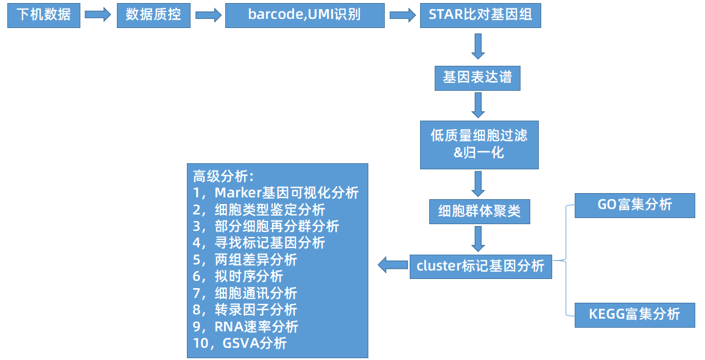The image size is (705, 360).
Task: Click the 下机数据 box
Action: pos(44,15)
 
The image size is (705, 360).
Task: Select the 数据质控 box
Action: pos(153,15)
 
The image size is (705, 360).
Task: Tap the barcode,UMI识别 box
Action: pos(305,15)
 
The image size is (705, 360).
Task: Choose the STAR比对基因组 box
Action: pos(480,15)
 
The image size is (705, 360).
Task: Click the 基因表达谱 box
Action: pos(477,78)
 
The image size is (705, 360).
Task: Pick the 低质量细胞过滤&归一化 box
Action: pos(479,144)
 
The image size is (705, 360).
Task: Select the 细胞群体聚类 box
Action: pos(479,211)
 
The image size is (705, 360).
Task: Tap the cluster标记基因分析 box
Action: pos(480,266)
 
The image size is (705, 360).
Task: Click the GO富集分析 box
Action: pos(635,205)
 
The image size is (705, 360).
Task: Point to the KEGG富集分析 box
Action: pos(635,314)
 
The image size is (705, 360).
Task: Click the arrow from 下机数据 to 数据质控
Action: pos(97,15)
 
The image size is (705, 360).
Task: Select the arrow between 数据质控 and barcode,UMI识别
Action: pos(208,15)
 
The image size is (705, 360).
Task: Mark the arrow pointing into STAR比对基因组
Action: pos(402,15)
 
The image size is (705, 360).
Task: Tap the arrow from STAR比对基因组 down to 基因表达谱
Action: pos(478,46)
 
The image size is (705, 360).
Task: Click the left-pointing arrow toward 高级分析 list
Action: pos(393,264)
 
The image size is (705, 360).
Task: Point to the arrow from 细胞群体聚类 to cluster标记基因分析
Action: pos(478,239)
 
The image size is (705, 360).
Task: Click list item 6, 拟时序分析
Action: pos(238,277)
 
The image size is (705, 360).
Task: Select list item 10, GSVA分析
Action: pos(240,344)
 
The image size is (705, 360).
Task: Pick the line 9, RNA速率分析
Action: pos(245,326)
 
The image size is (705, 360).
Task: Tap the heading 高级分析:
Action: pos(223,176)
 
